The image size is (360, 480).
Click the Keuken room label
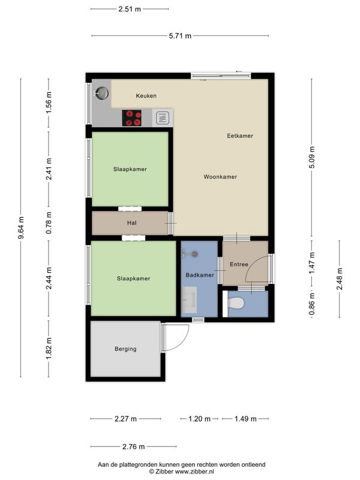[x=146, y=96]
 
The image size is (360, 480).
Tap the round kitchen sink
[x=101, y=93]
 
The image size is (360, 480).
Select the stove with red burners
[x=131, y=118]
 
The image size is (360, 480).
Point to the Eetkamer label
[x=240, y=136]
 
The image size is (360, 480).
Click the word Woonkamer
[x=220, y=176]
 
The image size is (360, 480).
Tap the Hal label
[x=132, y=223]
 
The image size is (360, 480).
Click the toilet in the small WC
[x=236, y=304]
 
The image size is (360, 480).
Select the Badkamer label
[x=200, y=275]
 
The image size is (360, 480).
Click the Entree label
[x=239, y=264]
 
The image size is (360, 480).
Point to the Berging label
[x=125, y=349]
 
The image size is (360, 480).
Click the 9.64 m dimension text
[x=21, y=228]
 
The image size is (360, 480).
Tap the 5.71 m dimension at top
[x=180, y=36]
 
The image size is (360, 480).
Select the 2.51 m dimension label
[x=130, y=9]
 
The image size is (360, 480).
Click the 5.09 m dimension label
[x=311, y=157]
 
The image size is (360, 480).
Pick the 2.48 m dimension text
[x=340, y=279]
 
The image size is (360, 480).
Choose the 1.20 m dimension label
[x=200, y=419]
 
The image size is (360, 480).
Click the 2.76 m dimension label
[x=133, y=446]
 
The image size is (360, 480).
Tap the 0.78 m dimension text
[x=49, y=223]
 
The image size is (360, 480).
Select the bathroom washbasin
[x=189, y=299]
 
